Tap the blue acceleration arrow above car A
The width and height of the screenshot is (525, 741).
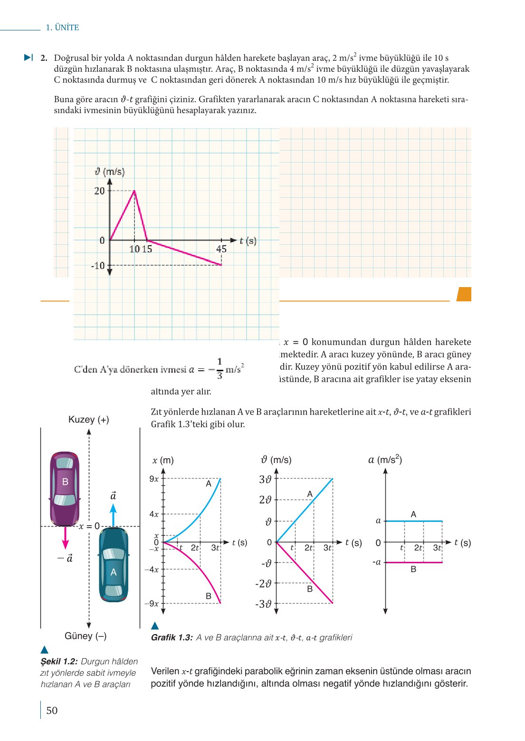113,514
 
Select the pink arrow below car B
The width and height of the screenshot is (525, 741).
66,537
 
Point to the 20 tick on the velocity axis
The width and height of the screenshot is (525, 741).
100,191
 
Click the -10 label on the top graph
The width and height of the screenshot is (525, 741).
98,265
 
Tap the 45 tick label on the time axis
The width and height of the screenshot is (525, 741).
221,249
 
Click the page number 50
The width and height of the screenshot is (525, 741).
52,711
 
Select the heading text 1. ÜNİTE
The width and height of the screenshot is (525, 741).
62,28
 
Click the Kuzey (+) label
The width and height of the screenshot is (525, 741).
89,420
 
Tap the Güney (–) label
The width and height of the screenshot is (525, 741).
86,636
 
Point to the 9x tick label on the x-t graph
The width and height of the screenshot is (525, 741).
154,479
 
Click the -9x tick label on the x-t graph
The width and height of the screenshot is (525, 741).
152,604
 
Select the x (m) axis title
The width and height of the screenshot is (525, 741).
163,460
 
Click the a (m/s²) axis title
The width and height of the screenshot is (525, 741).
385,460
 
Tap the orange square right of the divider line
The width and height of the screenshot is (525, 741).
464,294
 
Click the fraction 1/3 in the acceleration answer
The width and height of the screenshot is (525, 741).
220,368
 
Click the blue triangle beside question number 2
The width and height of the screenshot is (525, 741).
29,58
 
